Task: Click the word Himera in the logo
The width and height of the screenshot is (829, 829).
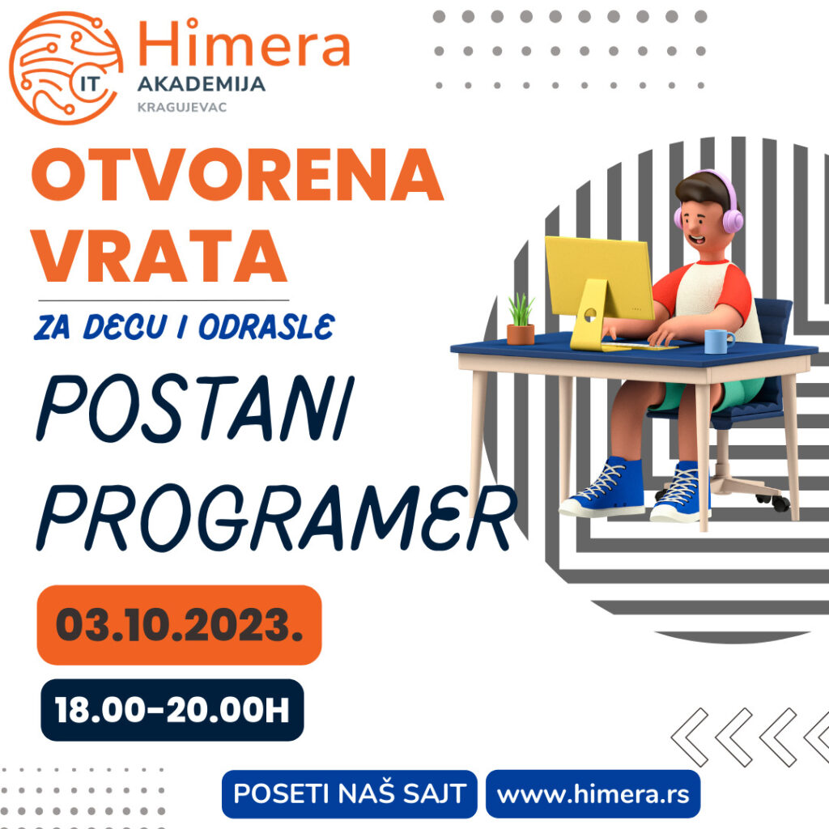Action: pos(244,43)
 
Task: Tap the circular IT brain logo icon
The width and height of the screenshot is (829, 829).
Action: pos(66,68)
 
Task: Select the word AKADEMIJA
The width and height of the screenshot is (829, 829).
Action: pos(201,84)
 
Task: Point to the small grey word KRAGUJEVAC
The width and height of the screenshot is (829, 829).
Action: pos(182,108)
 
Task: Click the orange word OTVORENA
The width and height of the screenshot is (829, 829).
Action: pos(237,174)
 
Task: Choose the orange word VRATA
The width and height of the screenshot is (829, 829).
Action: pos(159,255)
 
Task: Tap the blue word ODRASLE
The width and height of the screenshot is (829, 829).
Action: pos(266,326)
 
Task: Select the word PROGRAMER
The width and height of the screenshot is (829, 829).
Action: pos(277,517)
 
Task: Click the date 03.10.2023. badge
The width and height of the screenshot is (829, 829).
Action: pos(179,625)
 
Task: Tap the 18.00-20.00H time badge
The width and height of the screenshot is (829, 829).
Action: pos(172,709)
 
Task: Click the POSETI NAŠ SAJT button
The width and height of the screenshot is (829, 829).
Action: pos(350,793)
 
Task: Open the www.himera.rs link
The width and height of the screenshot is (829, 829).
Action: pos(593,793)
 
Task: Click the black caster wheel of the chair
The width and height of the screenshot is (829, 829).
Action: pos(780,503)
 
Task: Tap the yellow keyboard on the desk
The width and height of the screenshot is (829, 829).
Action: pos(640,346)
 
